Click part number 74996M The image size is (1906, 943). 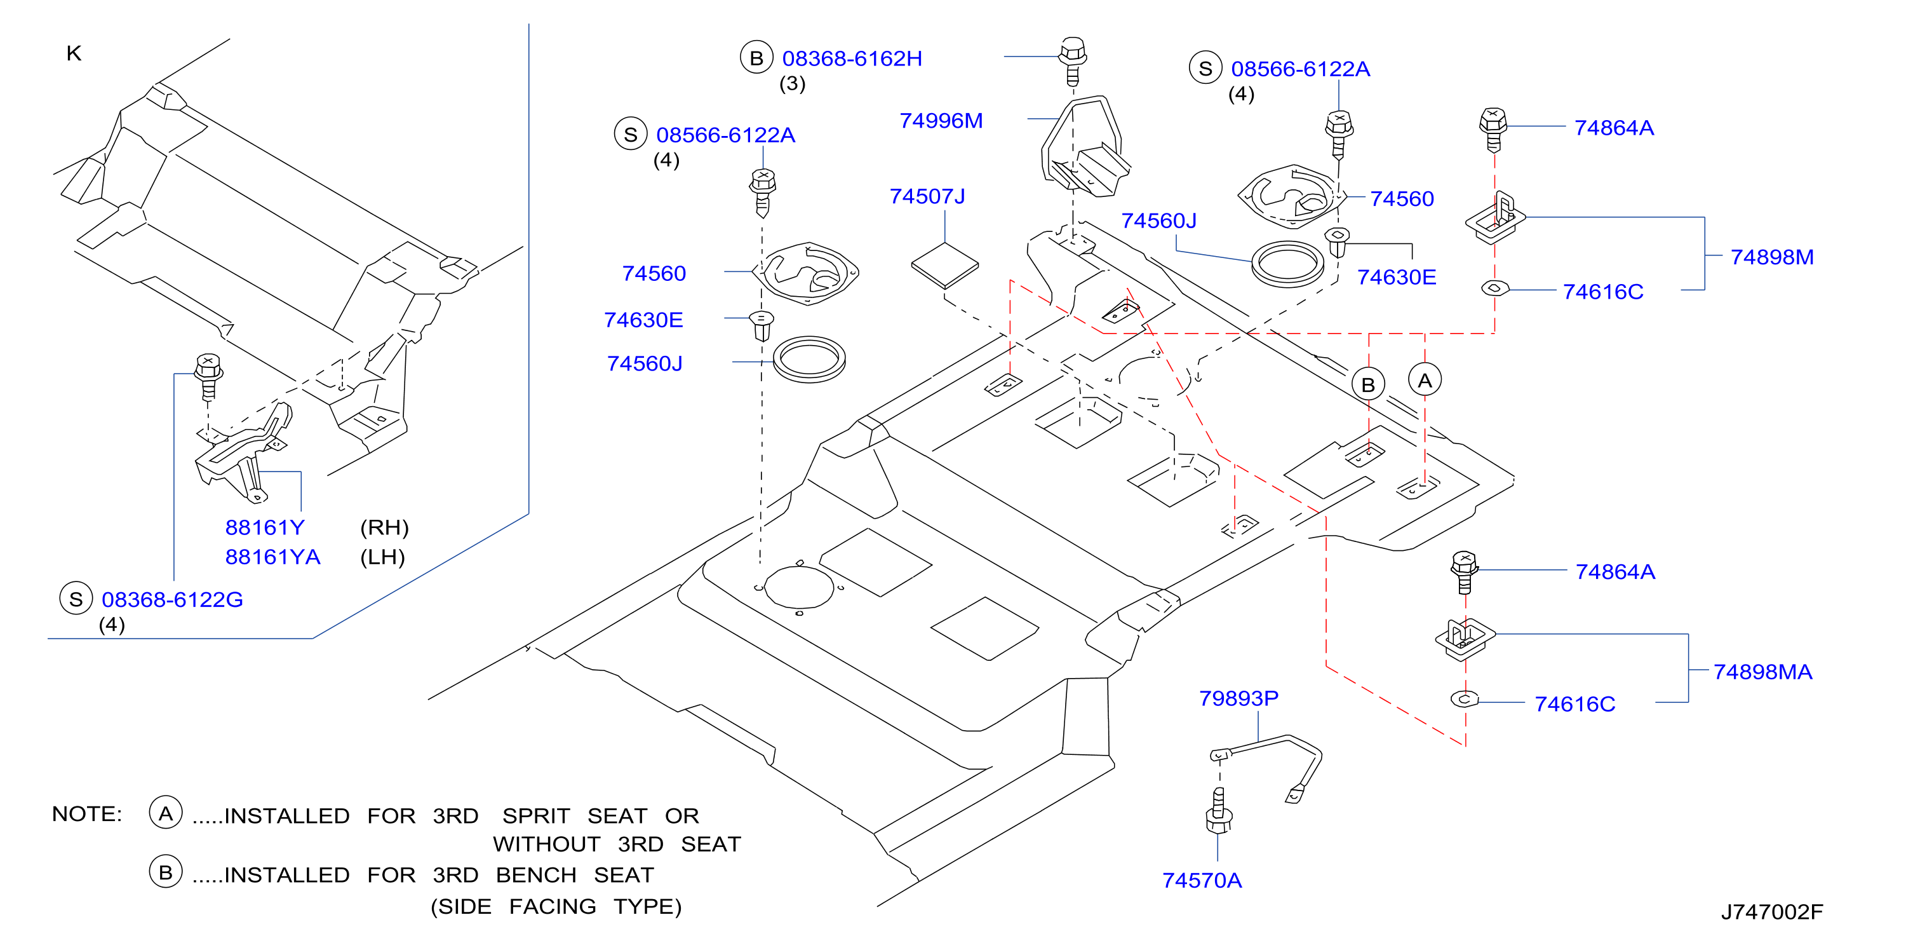point(941,121)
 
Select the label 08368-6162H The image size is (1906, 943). point(852,58)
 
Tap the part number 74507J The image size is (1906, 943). point(927,196)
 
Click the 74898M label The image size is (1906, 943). point(1771,257)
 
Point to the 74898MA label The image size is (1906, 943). point(1762,672)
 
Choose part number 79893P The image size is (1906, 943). point(1238,698)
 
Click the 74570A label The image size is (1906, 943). point(1202,880)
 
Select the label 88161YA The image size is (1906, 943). point(272,557)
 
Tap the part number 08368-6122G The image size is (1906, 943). point(172,600)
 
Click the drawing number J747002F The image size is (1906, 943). point(1771,912)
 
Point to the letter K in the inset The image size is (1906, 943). point(73,53)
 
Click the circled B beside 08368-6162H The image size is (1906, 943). point(756,58)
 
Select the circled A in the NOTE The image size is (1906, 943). point(166,813)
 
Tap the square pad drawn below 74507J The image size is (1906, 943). point(945,265)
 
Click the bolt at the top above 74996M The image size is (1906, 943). point(1073,61)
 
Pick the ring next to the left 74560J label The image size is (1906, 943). point(809,360)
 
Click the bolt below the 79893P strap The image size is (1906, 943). point(1219,813)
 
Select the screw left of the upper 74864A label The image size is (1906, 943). point(1493,130)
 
